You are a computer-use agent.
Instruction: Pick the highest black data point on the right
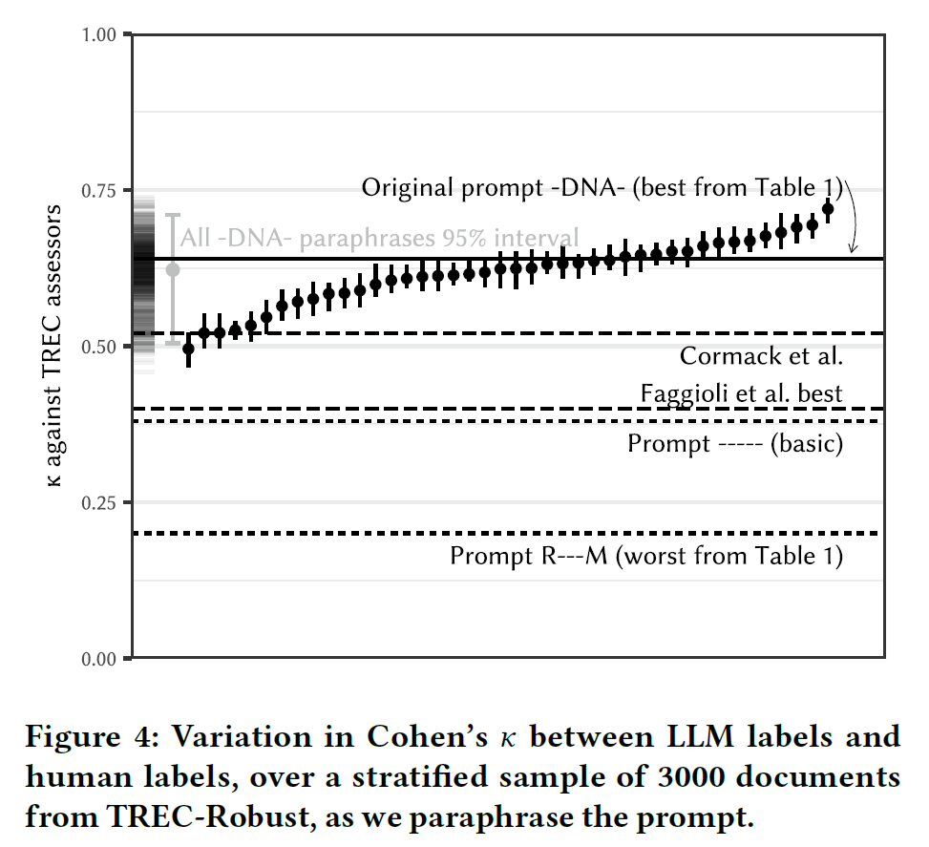pyautogui.click(x=828, y=208)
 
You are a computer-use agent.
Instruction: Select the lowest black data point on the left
pyautogui.click(x=188, y=349)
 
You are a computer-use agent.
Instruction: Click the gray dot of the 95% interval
pyautogui.click(x=173, y=269)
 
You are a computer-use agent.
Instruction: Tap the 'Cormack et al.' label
pyautogui.click(x=761, y=357)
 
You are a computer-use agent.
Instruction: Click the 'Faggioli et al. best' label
pyautogui.click(x=741, y=393)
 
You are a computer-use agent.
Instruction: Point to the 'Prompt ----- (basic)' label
pyautogui.click(x=735, y=444)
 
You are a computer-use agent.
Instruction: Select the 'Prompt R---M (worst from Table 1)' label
pyautogui.click(x=646, y=556)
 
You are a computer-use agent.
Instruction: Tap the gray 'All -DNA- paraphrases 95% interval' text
pyautogui.click(x=379, y=238)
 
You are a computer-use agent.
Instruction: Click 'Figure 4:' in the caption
pyautogui.click(x=81, y=738)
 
